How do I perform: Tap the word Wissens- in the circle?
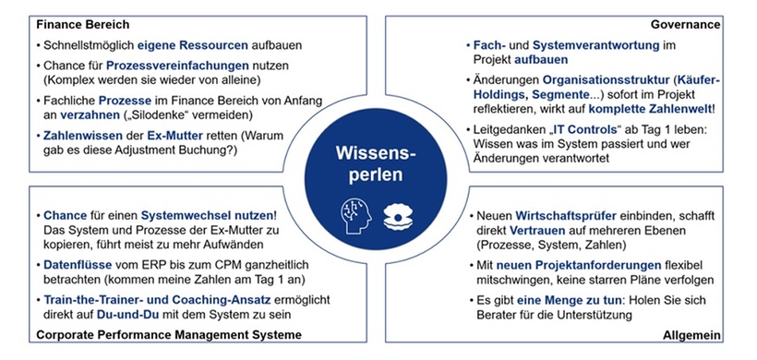[378, 150]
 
